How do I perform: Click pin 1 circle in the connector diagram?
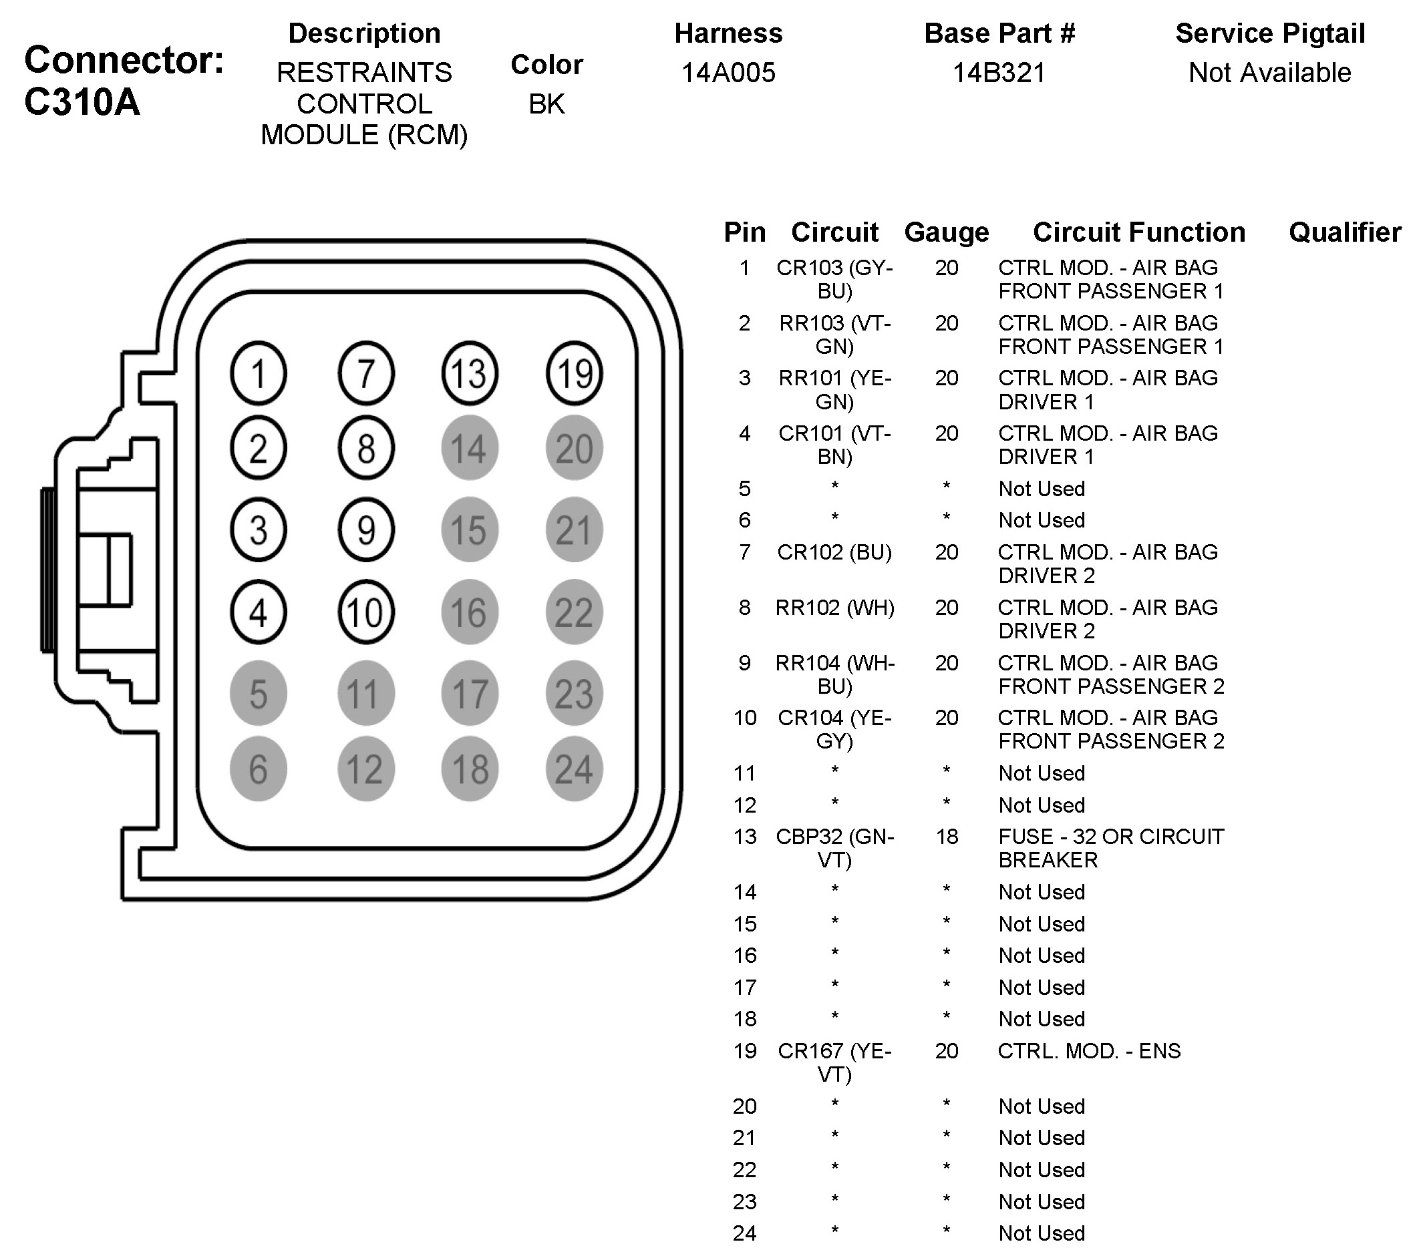259,373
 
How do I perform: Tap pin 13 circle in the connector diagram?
469,373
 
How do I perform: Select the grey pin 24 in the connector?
573,769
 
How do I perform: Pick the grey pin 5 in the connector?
259,694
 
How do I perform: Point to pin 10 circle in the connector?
366,612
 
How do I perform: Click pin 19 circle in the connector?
573,373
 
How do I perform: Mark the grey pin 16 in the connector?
469,612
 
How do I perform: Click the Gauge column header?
946,232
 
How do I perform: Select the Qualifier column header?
1345,232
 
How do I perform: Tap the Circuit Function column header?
1138,232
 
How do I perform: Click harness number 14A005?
728,73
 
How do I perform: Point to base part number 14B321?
999,73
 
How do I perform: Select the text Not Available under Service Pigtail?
1270,73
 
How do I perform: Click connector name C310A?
82,102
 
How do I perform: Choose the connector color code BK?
546,104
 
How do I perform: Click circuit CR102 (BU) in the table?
834,552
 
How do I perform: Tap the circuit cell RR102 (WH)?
834,608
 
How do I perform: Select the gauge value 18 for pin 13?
946,837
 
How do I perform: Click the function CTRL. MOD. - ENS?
1088,1051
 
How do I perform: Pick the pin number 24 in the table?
744,1233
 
